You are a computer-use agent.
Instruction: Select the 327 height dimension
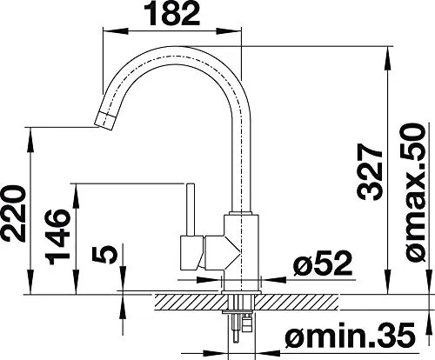pyautogui.click(x=370, y=172)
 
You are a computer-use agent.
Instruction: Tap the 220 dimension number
pyautogui.click(x=12, y=214)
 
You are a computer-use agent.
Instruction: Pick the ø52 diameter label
pyautogui.click(x=323, y=263)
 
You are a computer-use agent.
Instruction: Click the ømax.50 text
pyautogui.click(x=414, y=193)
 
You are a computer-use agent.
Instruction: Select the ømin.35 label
pyautogui.click(x=351, y=335)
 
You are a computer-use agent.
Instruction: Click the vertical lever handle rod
pyautogui.click(x=191, y=210)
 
